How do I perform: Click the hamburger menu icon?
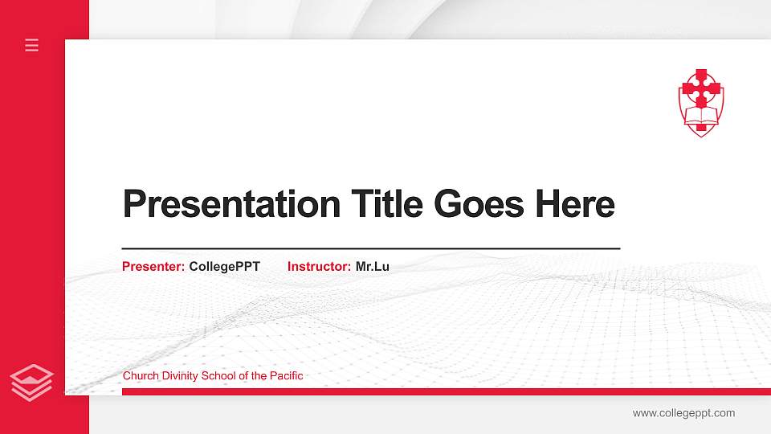[x=32, y=45]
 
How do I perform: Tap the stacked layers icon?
[x=32, y=382]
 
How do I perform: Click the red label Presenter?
[x=153, y=266]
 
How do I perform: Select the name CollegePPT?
[x=224, y=266]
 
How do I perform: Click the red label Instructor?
[x=319, y=266]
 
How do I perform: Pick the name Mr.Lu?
[x=372, y=266]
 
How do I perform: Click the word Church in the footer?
[x=139, y=375]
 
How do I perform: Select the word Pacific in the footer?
[x=285, y=375]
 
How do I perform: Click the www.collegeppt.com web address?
[x=683, y=413]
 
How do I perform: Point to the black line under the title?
[x=370, y=249]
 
